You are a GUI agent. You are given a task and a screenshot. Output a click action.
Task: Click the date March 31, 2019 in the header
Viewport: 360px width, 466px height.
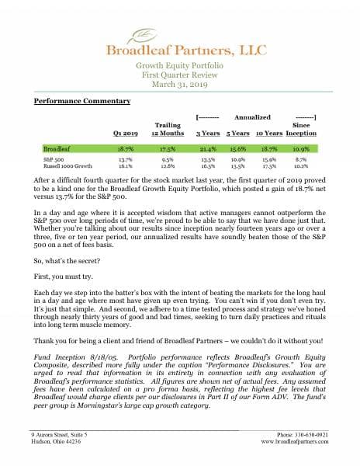(x=181, y=84)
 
